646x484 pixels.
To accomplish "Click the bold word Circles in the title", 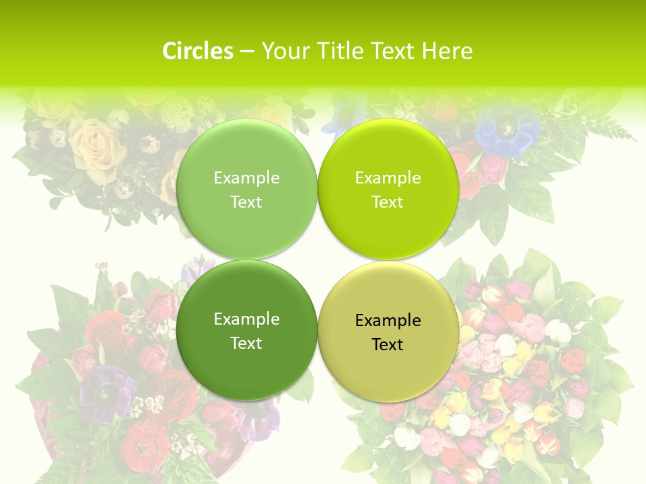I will [198, 51].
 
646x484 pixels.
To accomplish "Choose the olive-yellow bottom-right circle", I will [388, 363].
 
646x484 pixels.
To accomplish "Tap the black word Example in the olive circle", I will [388, 321].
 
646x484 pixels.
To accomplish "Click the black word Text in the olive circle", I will [388, 345].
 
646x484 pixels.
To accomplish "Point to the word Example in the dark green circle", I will [246, 319].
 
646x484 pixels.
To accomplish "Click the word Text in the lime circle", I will [388, 202].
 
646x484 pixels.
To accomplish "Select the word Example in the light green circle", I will [246, 178].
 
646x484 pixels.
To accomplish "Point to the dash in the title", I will [247, 51].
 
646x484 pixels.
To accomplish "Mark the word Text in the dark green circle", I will [246, 344].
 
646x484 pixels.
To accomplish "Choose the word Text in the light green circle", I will [246, 202].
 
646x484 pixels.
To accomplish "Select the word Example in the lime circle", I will [388, 178].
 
